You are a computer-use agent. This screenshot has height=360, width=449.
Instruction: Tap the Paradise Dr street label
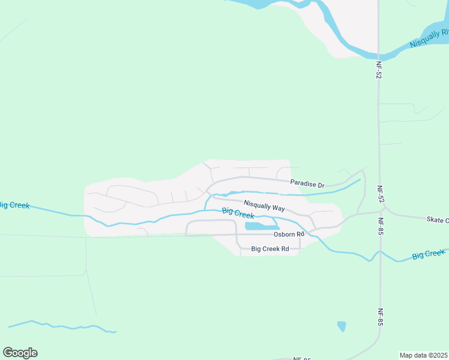click(x=307, y=183)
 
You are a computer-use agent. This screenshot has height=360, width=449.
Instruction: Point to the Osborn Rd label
click(x=289, y=234)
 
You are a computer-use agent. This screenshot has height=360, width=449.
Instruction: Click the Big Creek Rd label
click(x=270, y=248)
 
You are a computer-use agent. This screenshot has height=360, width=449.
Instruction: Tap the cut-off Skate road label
click(x=438, y=220)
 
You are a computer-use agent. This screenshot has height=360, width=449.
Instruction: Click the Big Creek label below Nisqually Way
click(x=238, y=212)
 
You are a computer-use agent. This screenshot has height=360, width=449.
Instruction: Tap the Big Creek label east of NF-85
click(x=429, y=254)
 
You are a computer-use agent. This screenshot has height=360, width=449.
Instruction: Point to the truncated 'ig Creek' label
click(x=14, y=205)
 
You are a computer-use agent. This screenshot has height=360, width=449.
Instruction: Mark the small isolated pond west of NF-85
click(x=342, y=326)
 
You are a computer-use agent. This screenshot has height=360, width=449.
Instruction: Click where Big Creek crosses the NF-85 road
click(x=380, y=253)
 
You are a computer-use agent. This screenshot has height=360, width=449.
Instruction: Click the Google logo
click(x=20, y=353)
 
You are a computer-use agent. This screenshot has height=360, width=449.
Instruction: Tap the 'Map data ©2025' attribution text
click(x=423, y=355)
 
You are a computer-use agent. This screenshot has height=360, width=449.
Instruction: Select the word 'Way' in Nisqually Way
click(x=277, y=208)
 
